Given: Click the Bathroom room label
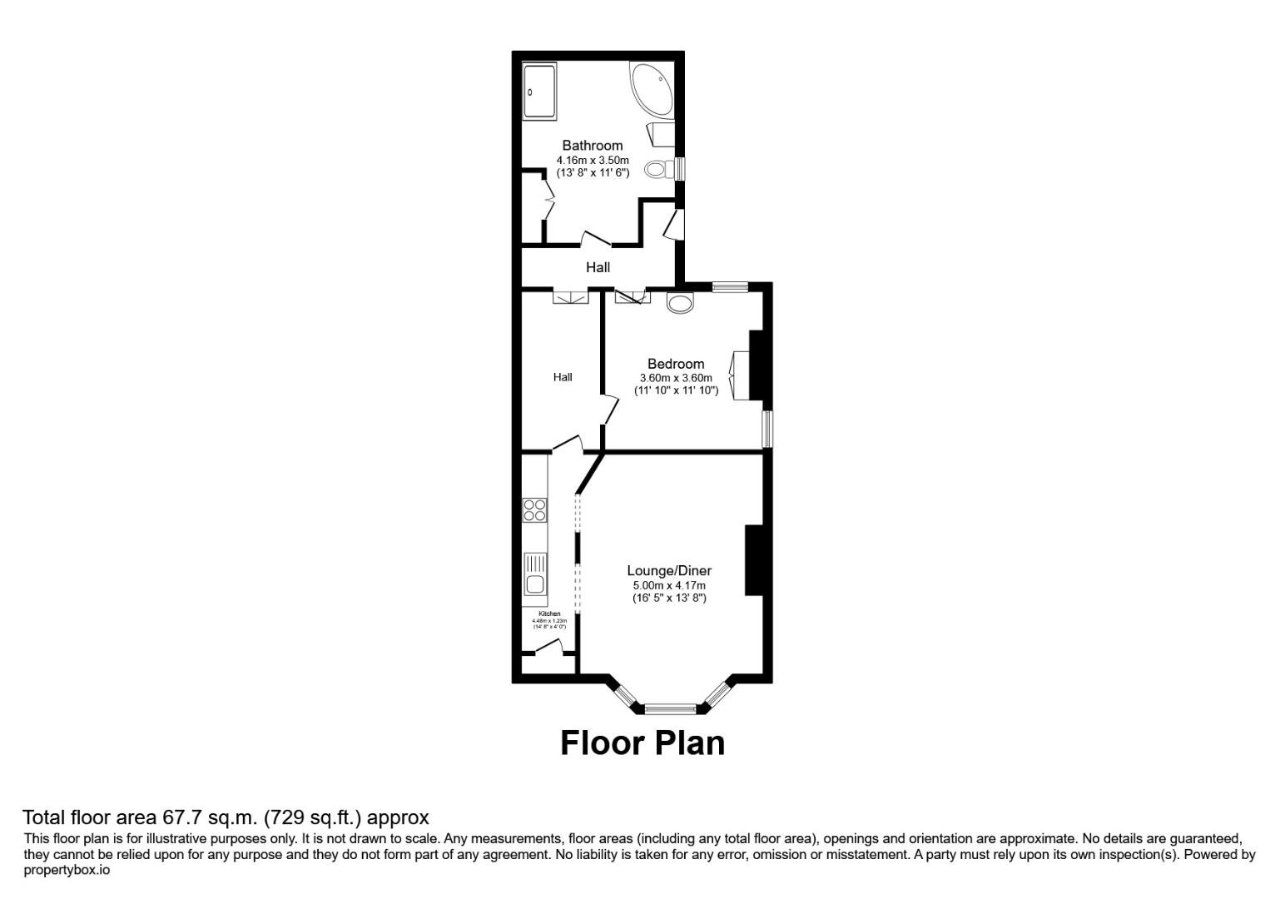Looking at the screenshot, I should [592, 146].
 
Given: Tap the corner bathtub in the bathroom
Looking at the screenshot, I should [652, 89].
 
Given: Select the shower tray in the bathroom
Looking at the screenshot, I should [539, 92].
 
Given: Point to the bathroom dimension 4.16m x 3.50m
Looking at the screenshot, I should [592, 160].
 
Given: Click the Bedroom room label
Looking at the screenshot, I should [675, 364].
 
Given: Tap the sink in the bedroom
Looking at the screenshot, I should [680, 303].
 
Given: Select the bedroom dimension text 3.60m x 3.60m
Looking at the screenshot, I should [675, 378].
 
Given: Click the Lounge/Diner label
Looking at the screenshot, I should [668, 571].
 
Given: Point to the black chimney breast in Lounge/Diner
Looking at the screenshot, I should [754, 560].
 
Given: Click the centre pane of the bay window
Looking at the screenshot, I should [671, 710].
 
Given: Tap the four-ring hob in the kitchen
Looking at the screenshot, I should [535, 509].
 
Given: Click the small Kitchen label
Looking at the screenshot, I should [549, 614].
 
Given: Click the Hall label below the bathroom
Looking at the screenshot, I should [598, 267].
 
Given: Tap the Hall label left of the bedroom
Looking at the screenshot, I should [563, 377].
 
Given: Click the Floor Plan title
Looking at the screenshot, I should [642, 743].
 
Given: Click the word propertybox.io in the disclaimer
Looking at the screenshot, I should [67, 870].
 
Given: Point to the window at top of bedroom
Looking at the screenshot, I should [730, 287].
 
